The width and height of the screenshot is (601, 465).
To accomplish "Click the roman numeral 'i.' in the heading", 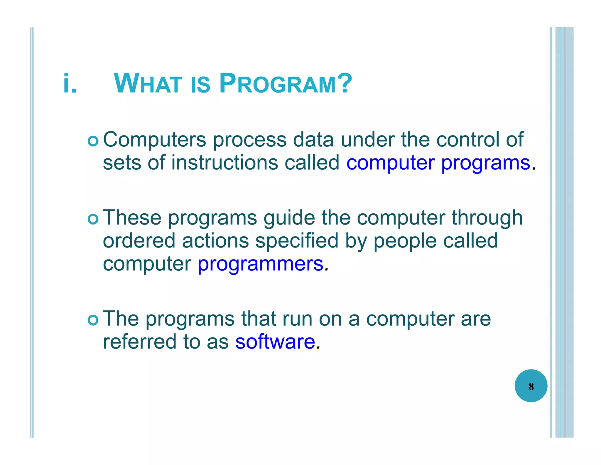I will tap(70, 83).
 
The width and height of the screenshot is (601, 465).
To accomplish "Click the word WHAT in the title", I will tap(148, 83).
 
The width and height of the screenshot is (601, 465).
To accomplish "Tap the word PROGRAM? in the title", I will tap(285, 83).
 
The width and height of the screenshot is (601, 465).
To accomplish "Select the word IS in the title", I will tap(201, 85).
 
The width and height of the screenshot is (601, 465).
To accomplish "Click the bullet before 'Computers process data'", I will tap(93, 141).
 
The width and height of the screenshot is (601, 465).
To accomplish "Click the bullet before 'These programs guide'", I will tap(93, 219).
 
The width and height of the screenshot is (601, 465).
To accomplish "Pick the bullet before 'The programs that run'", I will tap(93, 320).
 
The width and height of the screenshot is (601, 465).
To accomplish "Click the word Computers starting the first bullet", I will tap(154, 140).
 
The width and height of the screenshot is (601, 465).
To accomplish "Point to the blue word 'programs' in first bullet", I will tap(486, 163).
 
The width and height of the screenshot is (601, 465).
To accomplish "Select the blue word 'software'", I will tap(275, 342).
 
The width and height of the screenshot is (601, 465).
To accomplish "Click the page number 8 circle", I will tap(531, 386).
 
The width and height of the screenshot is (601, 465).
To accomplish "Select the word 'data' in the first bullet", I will tap(313, 140).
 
